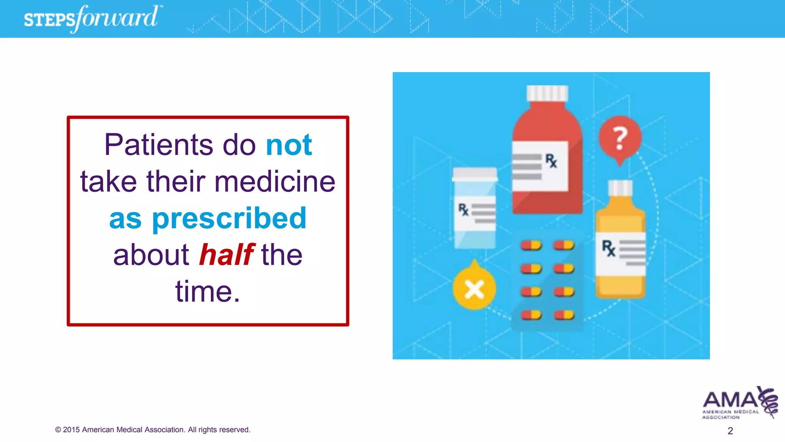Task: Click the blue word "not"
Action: tap(289, 145)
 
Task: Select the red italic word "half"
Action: tap(226, 255)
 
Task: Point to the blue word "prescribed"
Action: tap(229, 218)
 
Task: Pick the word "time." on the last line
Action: tap(208, 292)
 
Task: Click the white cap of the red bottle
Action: tap(547, 93)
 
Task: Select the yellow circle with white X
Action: tap(474, 289)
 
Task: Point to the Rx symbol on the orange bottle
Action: tap(608, 248)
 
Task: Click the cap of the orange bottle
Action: tap(620, 188)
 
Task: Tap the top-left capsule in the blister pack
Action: tap(531, 245)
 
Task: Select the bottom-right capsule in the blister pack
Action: tap(564, 315)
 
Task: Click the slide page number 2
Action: tap(730, 431)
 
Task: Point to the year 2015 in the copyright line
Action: tap(71, 430)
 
